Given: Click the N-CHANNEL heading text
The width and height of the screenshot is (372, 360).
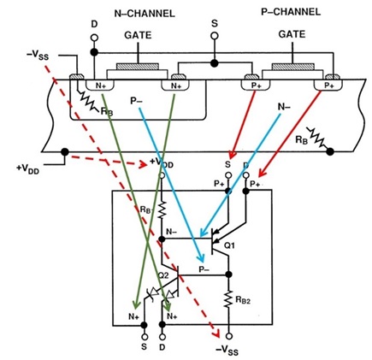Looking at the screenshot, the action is point(145,14).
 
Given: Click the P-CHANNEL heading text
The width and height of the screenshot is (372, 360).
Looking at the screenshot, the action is point(291,12).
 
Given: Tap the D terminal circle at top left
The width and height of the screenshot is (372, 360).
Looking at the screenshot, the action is point(94,38).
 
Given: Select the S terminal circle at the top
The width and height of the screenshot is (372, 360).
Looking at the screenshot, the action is point(215,36).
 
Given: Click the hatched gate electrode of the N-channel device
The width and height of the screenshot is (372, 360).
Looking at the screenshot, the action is point(138,67).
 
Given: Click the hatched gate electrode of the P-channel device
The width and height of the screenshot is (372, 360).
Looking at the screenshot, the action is point(293,67).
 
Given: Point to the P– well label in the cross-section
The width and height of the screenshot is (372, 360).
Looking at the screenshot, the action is point(136,101).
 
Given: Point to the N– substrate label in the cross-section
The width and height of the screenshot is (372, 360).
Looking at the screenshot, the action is point(284,107).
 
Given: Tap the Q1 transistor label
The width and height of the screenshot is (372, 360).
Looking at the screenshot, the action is point(229,245).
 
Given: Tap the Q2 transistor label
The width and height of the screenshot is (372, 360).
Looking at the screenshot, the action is point(163,275).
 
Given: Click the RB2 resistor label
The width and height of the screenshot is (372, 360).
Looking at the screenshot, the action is point(243,300).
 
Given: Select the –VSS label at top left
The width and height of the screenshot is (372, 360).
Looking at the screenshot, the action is point(38,56).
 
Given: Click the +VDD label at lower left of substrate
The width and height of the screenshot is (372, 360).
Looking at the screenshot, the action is point(27,168).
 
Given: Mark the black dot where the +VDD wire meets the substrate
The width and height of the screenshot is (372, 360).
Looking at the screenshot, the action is point(65,151).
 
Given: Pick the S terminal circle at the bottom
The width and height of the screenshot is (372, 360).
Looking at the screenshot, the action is point(145,337).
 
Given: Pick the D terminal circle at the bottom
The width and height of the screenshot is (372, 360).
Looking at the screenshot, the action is point(162,337).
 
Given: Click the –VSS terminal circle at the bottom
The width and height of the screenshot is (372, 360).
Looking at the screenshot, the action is point(228,337).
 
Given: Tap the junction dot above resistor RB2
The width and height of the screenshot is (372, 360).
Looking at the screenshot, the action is point(228,274).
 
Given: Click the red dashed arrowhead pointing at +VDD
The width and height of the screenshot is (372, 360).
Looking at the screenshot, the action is point(144,164).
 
